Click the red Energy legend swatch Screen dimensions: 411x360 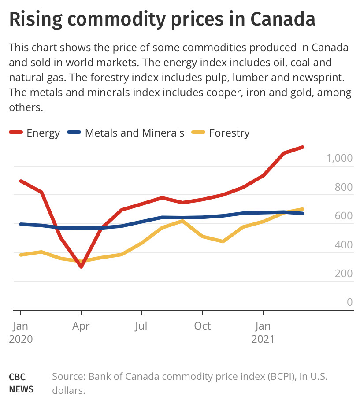pos(15,133)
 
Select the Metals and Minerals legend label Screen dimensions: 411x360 pos(134,133)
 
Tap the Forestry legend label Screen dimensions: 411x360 pos(229,133)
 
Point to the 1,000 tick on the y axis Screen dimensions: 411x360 pos(339,158)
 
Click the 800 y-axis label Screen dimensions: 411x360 pos(344,187)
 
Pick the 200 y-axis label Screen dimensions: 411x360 pos(344,273)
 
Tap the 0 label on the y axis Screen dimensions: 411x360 pos(350,302)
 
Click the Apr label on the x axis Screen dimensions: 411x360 pos(81,326)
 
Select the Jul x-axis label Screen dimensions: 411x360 pos(141,326)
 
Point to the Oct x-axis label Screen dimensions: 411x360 pos(202,326)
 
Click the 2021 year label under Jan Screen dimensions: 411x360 pos(263,339)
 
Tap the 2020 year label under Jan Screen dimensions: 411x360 pos(21,339)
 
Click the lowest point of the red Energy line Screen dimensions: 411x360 pos(81,267)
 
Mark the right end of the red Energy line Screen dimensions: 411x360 pos(303,147)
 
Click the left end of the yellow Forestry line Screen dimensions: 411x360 pos(21,255)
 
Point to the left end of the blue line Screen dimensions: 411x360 pos(21,224)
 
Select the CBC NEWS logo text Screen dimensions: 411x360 pos(21,383)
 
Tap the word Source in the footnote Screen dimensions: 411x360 pos(68,377)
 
